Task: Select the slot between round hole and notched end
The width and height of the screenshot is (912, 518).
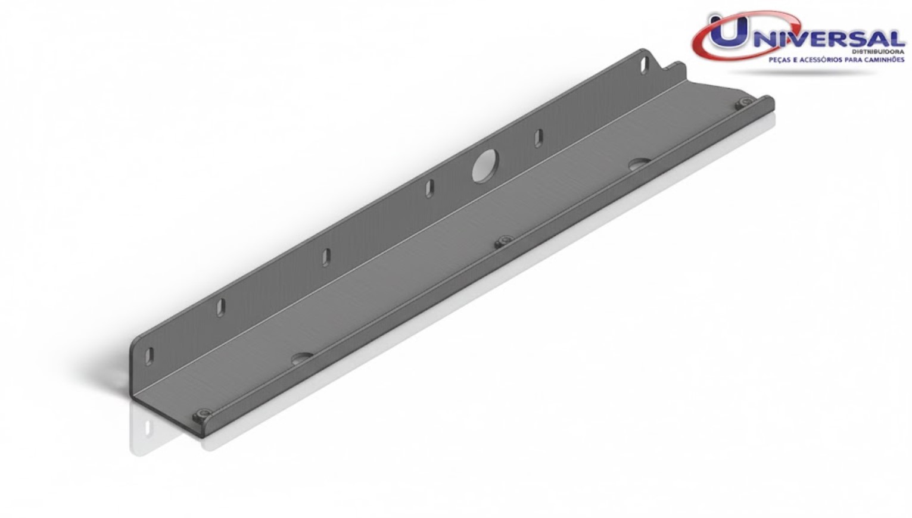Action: pyautogui.click(x=539, y=138)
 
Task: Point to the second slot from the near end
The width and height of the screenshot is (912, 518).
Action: pyautogui.click(x=220, y=307)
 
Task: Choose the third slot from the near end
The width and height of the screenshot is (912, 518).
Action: pyautogui.click(x=326, y=257)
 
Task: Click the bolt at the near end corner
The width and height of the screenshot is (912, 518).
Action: pyautogui.click(x=204, y=414)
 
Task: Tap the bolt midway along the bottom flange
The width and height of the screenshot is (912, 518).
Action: pyautogui.click(x=505, y=241)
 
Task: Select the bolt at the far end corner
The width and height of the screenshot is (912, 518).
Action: pyautogui.click(x=743, y=104)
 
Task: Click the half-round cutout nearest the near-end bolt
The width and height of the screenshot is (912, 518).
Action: pyautogui.click(x=302, y=358)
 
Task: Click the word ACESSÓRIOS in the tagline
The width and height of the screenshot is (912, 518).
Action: pyautogui.click(x=823, y=60)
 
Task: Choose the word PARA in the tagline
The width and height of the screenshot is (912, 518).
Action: pyautogui.click(x=857, y=60)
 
